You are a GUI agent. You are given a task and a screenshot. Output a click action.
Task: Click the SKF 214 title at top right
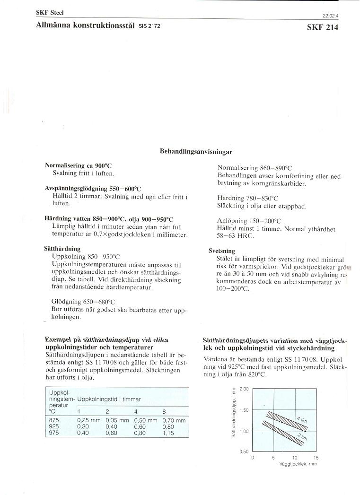(x=323, y=27)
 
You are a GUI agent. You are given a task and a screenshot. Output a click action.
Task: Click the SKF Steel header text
(x=50, y=13)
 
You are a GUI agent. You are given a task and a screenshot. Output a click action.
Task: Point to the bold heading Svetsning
(x=222, y=251)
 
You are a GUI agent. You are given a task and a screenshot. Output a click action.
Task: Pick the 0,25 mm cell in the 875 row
(x=89, y=420)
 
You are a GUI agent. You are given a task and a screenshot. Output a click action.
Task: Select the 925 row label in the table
(x=54, y=426)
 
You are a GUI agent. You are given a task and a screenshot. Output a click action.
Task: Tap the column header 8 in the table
(x=164, y=411)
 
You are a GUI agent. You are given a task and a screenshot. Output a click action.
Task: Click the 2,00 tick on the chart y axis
(x=244, y=389)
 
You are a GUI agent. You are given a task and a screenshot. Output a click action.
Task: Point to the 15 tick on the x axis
(x=316, y=458)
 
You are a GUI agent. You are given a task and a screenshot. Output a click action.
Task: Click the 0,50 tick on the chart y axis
(x=244, y=452)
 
